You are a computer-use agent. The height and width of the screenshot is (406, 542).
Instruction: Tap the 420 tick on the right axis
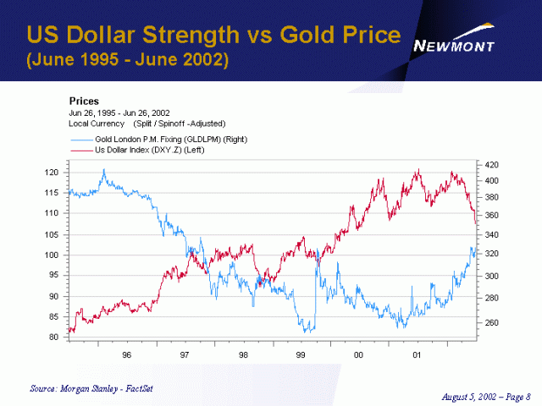click(492, 165)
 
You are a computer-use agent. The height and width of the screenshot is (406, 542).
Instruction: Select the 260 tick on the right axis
click(492, 323)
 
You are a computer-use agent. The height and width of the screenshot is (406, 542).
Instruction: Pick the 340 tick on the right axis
click(492, 234)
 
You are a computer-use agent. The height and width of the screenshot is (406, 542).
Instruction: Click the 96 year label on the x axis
click(127, 355)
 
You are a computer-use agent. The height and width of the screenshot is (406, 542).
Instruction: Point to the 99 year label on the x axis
click(301, 355)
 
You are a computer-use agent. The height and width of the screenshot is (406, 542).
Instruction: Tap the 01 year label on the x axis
click(416, 355)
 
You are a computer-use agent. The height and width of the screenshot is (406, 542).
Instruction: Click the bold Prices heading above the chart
click(84, 101)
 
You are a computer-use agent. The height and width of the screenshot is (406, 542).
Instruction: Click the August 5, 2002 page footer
click(487, 395)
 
